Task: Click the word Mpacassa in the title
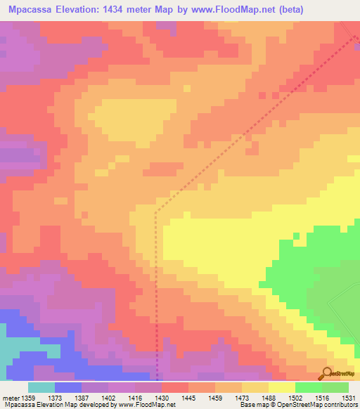tap(30, 11)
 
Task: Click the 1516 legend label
tap(322, 398)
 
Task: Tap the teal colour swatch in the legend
tap(41, 387)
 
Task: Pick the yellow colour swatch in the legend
tap(282, 387)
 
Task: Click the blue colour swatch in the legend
tap(68, 387)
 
